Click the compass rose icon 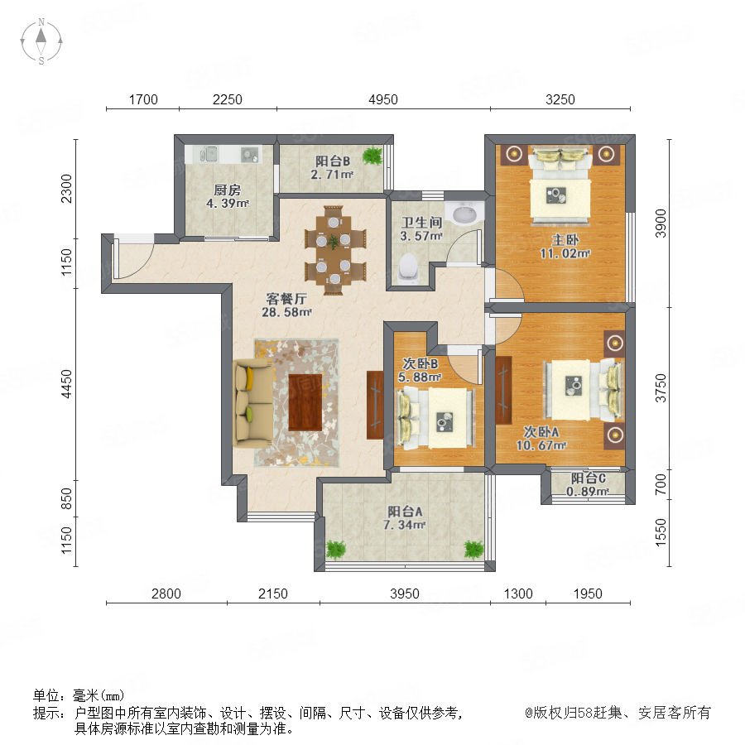coord(41,41)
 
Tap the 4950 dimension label coord(383,99)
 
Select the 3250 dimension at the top coord(560,99)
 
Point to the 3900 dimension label coord(661,223)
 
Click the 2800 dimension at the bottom coord(166,594)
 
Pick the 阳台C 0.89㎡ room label coord(588,484)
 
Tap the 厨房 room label coord(227,190)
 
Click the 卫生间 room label coord(421,223)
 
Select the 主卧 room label coord(565,239)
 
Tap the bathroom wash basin coord(464,214)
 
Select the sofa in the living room coord(252,403)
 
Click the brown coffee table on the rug coord(305,402)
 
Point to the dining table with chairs coord(334,250)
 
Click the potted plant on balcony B coord(372,155)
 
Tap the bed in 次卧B coord(435,418)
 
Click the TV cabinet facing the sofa coord(375,405)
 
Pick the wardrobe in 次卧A coord(503,390)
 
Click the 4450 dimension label coord(67,383)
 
